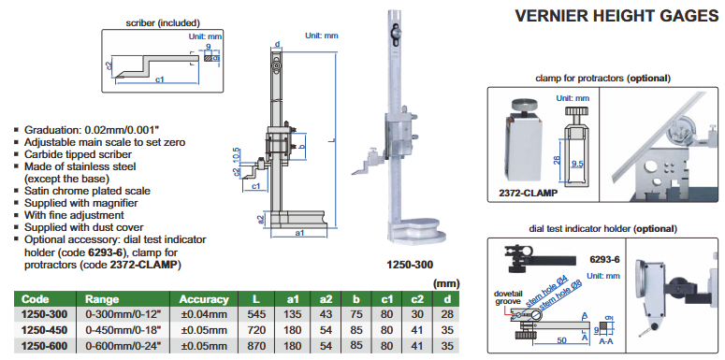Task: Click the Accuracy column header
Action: point(204,299)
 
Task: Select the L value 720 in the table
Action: point(256,330)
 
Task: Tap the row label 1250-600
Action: point(44,346)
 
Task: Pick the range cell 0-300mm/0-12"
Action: point(123,315)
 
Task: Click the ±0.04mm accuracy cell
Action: point(204,315)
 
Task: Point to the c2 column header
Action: point(417,299)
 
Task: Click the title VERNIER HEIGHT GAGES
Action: point(616,16)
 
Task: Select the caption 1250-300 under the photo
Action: point(410,265)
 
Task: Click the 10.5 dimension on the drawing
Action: point(237,154)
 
